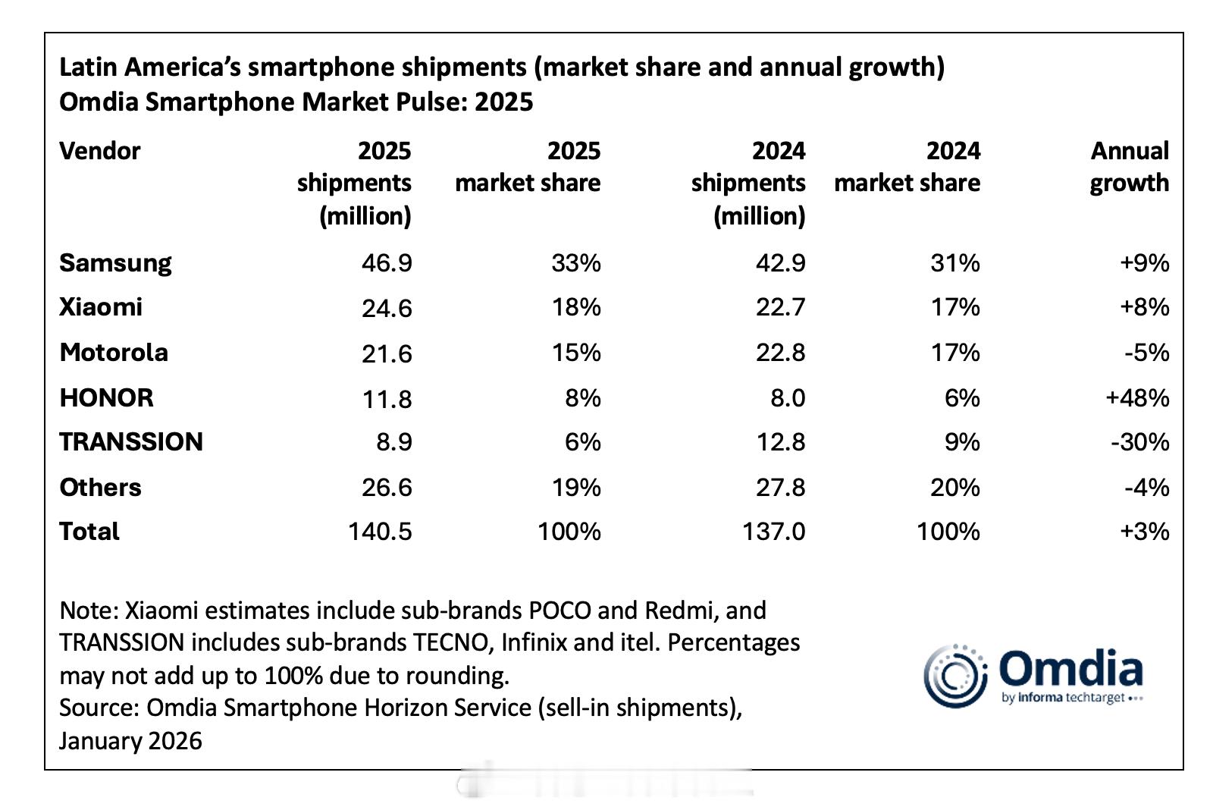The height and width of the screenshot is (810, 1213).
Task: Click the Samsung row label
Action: pyautogui.click(x=115, y=263)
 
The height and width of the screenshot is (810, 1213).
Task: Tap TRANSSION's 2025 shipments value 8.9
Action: pyautogui.click(x=393, y=442)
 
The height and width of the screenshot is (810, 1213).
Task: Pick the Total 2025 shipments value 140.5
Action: pyautogui.click(x=380, y=532)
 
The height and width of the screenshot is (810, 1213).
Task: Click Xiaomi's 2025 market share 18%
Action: pyautogui.click(x=576, y=307)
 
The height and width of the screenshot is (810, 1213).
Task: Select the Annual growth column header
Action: pyautogui.click(x=1129, y=167)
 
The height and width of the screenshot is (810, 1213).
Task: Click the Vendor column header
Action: pyautogui.click(x=99, y=151)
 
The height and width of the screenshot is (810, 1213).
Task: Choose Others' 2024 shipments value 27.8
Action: pyautogui.click(x=780, y=487)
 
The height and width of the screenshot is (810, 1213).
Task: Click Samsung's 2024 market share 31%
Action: pyautogui.click(x=954, y=263)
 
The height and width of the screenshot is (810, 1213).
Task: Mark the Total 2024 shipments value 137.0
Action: pyautogui.click(x=773, y=532)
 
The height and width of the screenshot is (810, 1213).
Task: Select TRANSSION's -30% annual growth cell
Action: pyautogui.click(x=1139, y=442)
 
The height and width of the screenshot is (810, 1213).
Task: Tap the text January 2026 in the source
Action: pyautogui.click(x=130, y=741)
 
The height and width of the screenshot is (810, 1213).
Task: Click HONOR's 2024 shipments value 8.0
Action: pyautogui.click(x=788, y=397)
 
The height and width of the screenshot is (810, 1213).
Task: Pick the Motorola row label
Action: pyautogui.click(x=114, y=353)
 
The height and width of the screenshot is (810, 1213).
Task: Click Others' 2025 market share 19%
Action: pyautogui.click(x=576, y=487)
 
